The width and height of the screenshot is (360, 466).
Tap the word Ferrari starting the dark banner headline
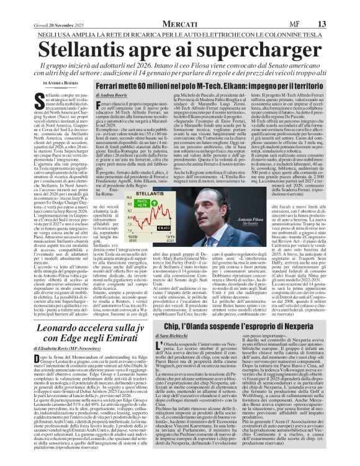110,87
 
